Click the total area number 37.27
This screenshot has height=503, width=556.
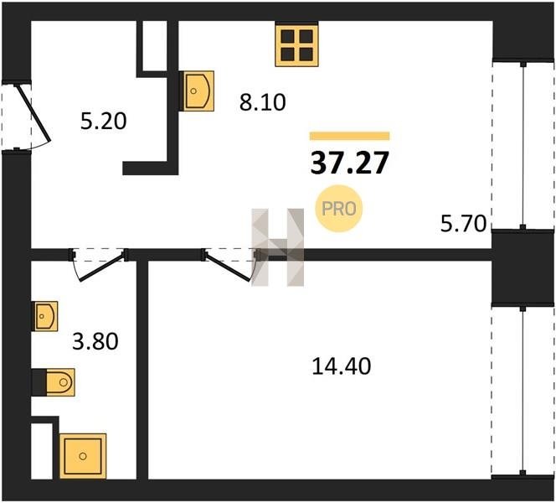[x=350, y=163]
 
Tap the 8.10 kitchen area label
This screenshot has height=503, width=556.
[x=262, y=102]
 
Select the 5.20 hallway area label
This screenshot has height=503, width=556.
[x=103, y=121]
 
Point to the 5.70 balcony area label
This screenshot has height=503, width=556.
[x=463, y=224]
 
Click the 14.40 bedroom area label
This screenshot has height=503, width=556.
[x=342, y=366]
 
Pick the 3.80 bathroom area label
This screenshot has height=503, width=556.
[x=95, y=341]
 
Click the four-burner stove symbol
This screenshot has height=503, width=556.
[x=296, y=44]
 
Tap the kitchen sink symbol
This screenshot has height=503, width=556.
[x=197, y=91]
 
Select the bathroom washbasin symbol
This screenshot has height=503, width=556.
[x=46, y=316]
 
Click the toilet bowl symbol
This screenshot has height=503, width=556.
[x=60, y=382]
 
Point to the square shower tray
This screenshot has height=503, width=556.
[x=83, y=456]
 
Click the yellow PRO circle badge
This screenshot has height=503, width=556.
[x=339, y=209]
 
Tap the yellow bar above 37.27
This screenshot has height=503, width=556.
[x=350, y=136]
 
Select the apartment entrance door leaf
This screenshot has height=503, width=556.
[x=34, y=113]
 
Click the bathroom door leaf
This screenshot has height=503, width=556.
[x=102, y=267]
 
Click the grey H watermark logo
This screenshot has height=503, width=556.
[x=278, y=247]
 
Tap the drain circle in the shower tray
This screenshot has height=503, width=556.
[x=83, y=456]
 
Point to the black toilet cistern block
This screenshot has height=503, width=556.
[x=39, y=382]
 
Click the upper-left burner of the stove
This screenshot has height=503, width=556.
[x=287, y=36]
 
